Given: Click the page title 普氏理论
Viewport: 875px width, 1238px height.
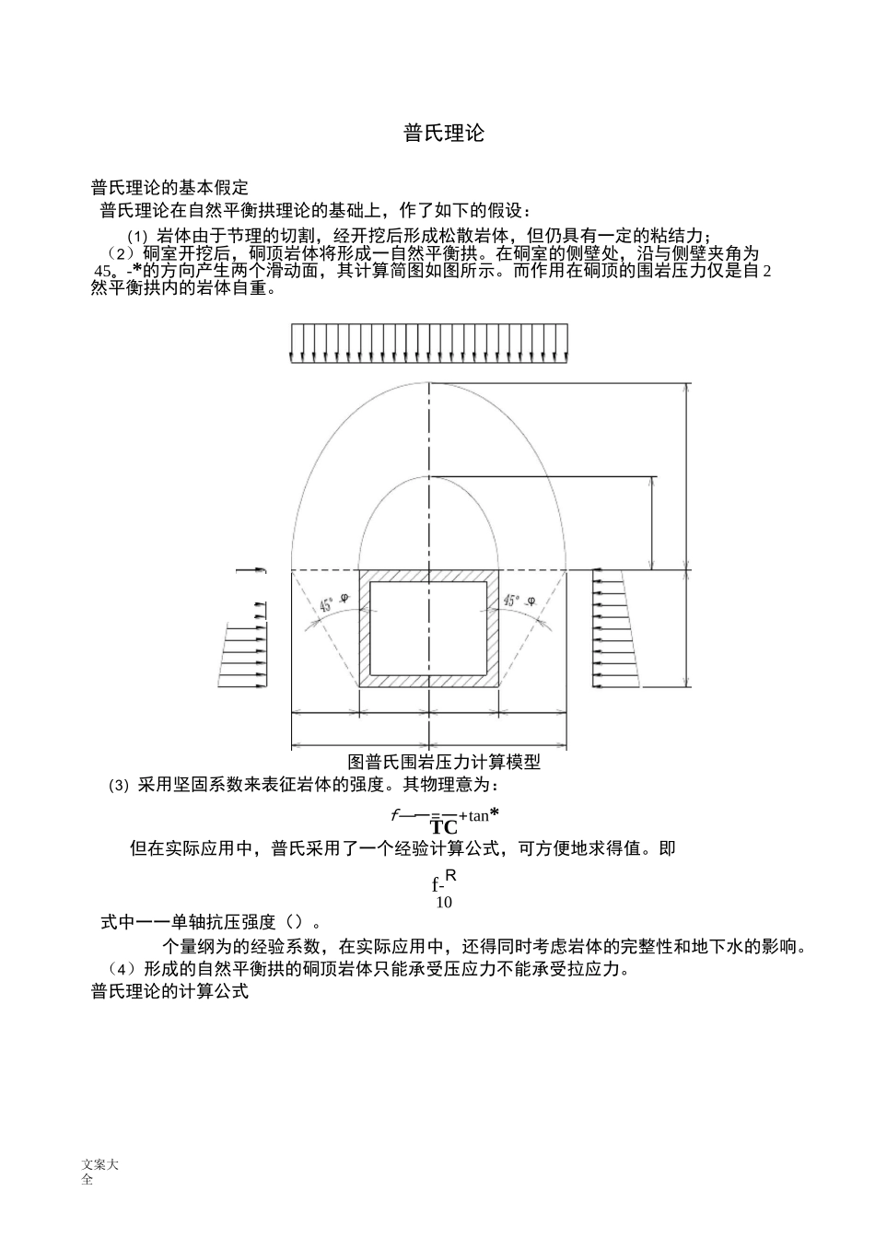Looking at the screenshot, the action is coord(443,133).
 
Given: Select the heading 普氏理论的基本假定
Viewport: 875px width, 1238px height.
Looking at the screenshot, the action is coord(169,188).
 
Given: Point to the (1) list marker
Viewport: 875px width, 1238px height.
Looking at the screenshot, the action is coord(137,236).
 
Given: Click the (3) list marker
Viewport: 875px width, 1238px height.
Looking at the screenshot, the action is coord(119,786).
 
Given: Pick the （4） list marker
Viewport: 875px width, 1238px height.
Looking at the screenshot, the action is coord(119,969).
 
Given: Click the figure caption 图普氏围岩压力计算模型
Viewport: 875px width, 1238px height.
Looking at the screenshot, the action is coord(443,762).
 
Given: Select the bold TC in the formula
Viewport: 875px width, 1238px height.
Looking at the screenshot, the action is coord(444,826).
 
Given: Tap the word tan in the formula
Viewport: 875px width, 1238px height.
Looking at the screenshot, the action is coord(478,815).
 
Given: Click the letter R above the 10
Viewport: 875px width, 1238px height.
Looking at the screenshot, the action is coord(450,876).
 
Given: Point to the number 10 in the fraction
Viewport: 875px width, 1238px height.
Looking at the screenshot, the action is coord(444,902).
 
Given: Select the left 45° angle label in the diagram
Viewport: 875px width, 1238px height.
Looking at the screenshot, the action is coord(327,605).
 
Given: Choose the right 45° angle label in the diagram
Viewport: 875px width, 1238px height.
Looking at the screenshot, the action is coord(513,601).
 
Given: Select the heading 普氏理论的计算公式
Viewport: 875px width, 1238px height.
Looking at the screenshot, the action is coord(169,992).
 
